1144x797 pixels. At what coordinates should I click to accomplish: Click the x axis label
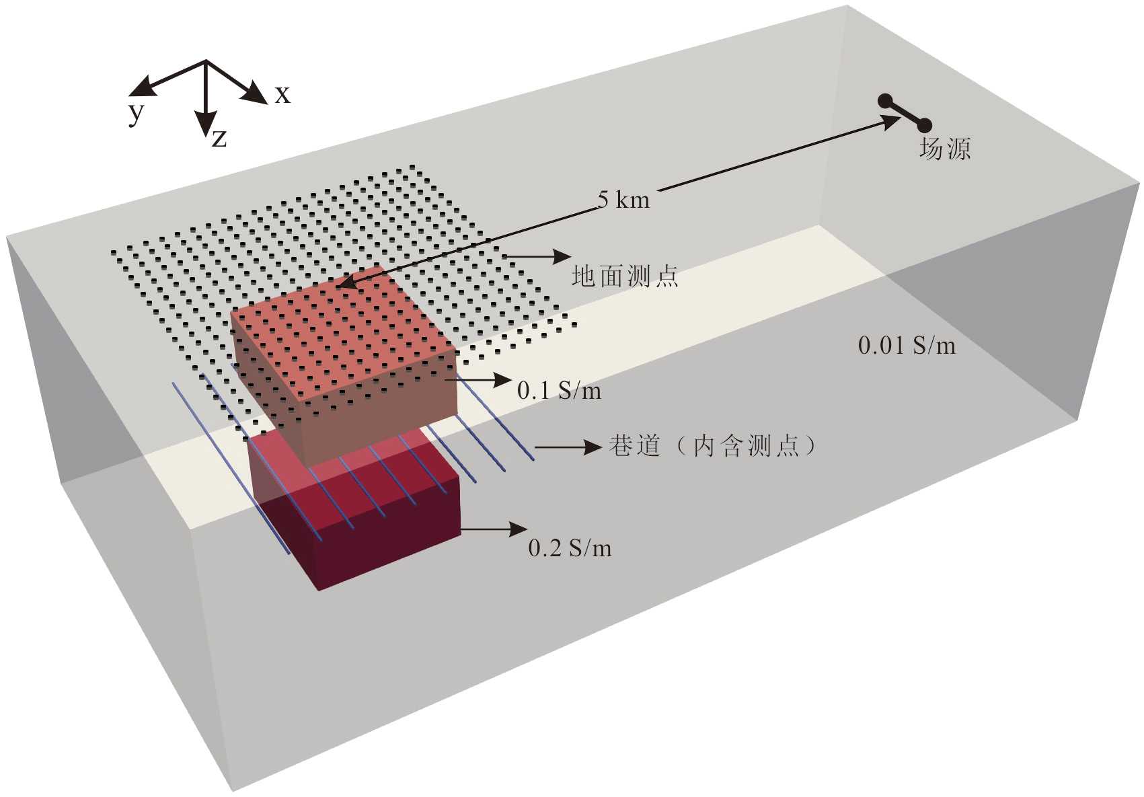(x=282, y=95)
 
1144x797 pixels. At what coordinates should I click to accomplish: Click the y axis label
(x=137, y=113)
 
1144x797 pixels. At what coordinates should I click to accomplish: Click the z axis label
(x=219, y=139)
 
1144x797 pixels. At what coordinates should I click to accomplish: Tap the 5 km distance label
(x=623, y=200)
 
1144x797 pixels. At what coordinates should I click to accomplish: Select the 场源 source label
(x=944, y=149)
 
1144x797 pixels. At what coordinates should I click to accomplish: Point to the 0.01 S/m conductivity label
(x=906, y=346)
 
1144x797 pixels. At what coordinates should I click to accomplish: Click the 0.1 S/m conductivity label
(x=559, y=391)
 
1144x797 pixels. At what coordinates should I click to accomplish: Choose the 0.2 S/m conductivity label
(x=570, y=548)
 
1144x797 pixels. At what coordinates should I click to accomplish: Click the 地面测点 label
(x=625, y=276)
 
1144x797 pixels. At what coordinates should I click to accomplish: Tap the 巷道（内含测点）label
(x=712, y=446)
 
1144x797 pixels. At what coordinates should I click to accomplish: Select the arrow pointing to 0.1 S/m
(x=479, y=380)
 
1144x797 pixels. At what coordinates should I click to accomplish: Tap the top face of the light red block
(x=343, y=333)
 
